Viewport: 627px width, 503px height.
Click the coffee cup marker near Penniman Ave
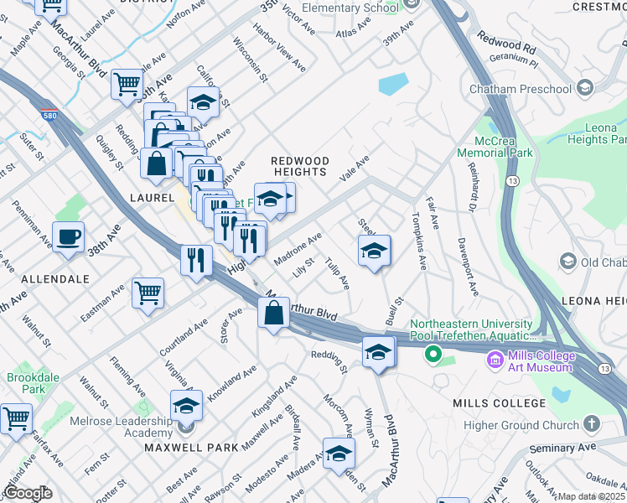coord(68,236)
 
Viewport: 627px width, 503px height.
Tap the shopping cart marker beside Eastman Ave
coord(148,293)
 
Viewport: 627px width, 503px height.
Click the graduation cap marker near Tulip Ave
coord(375,250)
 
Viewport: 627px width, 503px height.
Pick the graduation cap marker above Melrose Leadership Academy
coord(186,405)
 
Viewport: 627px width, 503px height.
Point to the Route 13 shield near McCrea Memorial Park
coord(510,181)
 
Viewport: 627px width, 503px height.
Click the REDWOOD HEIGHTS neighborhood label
coord(299,166)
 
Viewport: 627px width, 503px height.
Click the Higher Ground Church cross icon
coord(592,425)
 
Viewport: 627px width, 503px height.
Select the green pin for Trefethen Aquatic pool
coord(433,355)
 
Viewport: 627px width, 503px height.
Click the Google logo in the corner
coord(28,493)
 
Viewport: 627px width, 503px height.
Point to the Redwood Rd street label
coord(505,42)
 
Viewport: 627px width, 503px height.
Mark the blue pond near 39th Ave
coord(393,85)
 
